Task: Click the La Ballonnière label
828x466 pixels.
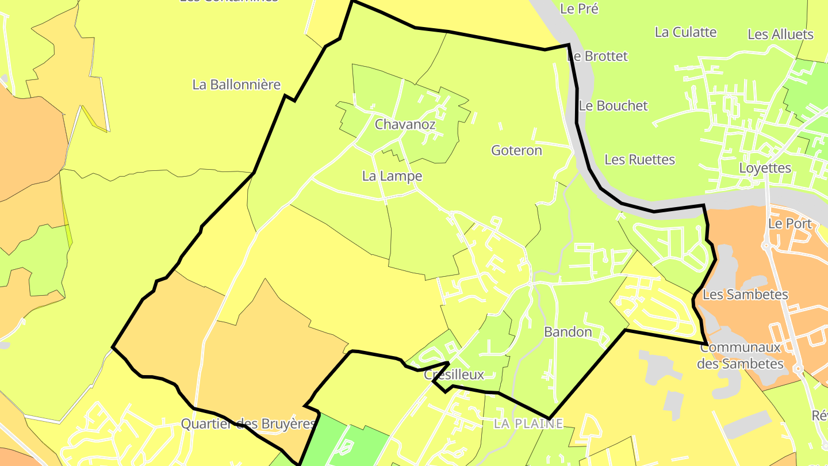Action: tap(236, 85)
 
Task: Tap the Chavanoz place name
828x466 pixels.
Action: tap(405, 124)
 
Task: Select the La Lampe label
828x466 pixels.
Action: tap(392, 176)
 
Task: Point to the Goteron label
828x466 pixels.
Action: tap(516, 151)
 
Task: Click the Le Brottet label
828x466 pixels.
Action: tap(598, 56)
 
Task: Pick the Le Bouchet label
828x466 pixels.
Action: tap(613, 106)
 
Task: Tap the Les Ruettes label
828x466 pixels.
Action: tap(639, 159)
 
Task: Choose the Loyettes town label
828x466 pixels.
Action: tap(765, 169)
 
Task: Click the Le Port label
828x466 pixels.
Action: tap(789, 224)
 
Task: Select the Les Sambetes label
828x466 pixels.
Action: tap(745, 295)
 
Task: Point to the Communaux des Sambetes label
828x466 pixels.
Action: tap(741, 356)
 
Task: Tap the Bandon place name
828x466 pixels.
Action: tap(568, 332)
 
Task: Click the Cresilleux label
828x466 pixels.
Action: tap(454, 375)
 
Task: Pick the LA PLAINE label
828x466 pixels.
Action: tap(528, 424)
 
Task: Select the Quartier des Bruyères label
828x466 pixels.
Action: tap(248, 424)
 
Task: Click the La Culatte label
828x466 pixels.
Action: tap(685, 32)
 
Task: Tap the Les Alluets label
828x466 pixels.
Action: tap(780, 35)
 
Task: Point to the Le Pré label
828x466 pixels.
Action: tap(579, 9)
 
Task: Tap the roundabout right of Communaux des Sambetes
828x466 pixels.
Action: tap(798, 368)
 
